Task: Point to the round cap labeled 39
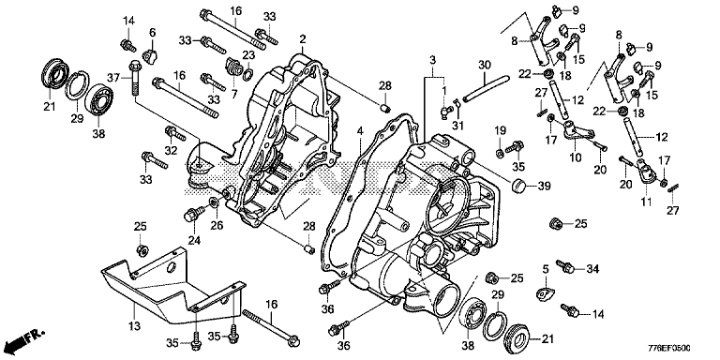coord(518,185)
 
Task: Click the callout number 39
coord(544,186)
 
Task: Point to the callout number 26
coord(217,225)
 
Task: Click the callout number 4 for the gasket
coord(360,132)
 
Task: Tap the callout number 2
coord(302,39)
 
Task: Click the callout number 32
coord(171,150)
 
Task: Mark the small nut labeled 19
coord(499,153)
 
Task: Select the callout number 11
coord(647,202)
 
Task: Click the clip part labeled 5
coord(545,292)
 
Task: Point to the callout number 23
coord(248,55)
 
